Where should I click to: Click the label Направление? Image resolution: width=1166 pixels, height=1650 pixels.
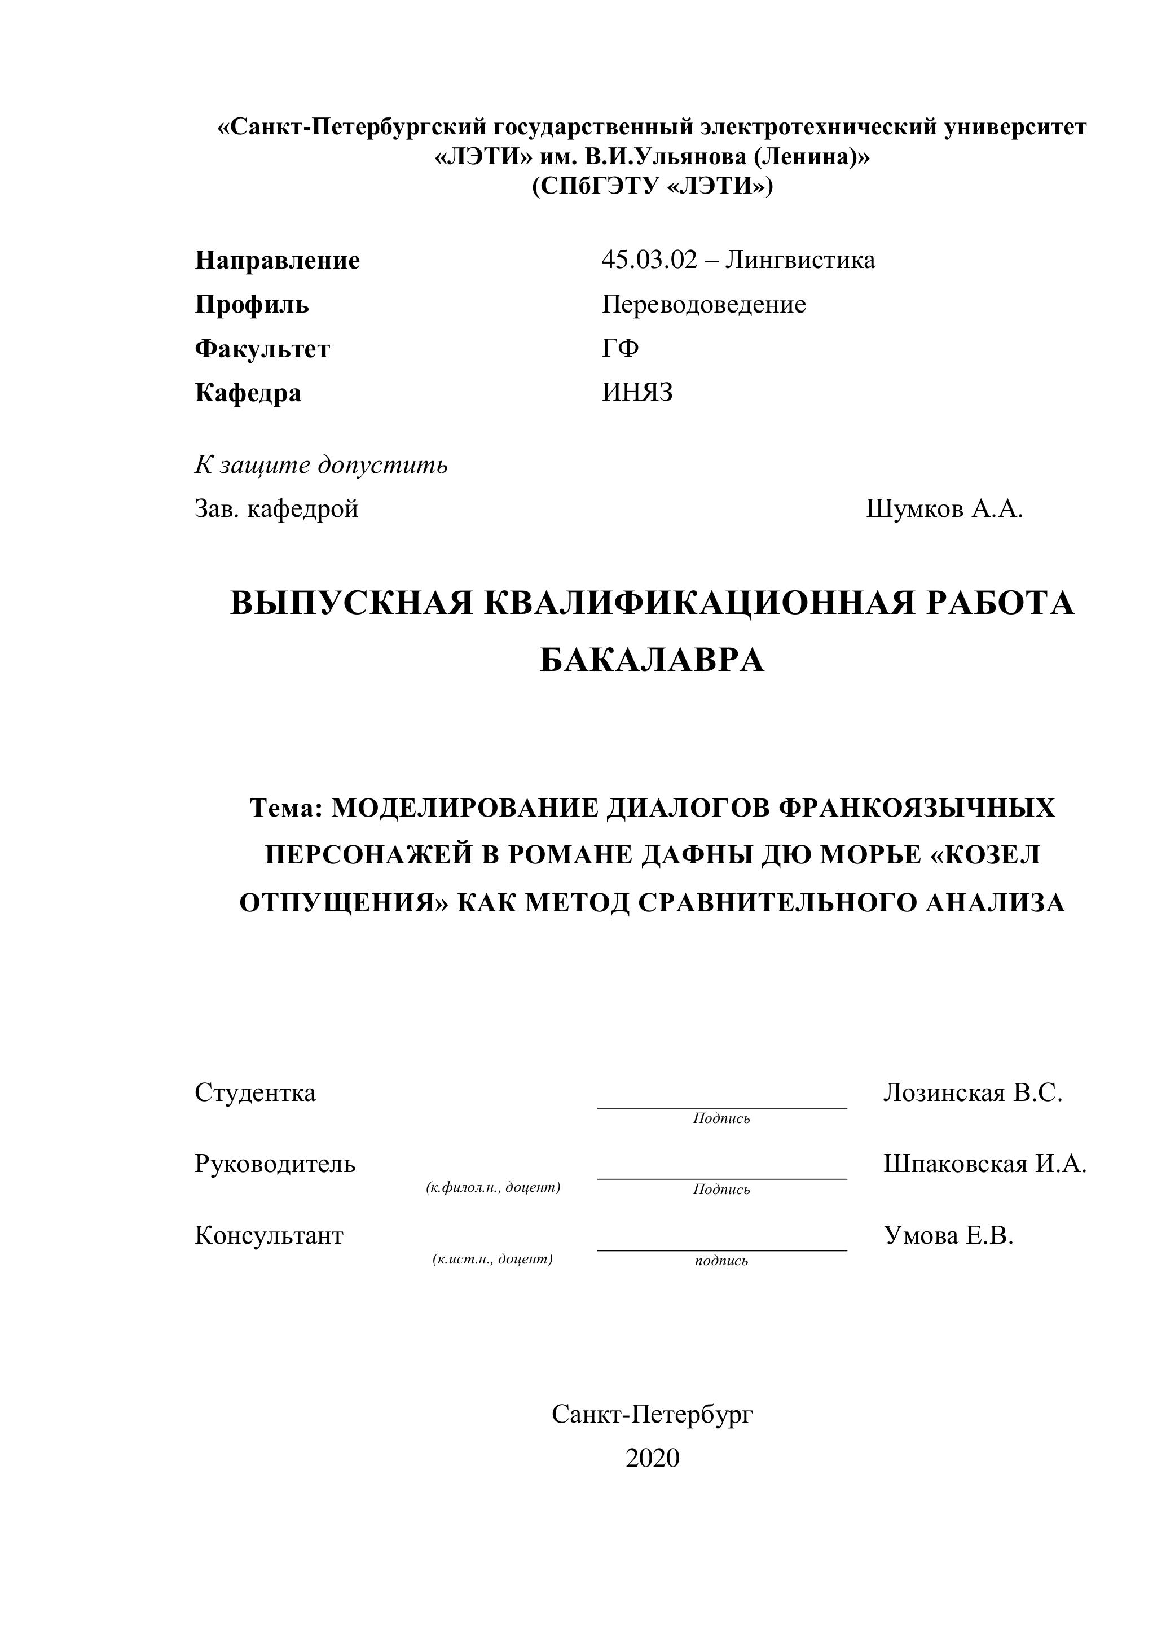pos(278,260)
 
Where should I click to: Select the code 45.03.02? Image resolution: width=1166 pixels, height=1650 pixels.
pos(649,260)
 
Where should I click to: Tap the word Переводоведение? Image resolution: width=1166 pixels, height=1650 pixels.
pos(704,305)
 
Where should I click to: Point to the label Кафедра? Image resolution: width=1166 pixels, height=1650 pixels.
pos(248,394)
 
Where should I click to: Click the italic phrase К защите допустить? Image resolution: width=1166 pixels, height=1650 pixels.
pos(321,465)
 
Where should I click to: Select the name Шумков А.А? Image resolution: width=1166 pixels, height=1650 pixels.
pos(944,510)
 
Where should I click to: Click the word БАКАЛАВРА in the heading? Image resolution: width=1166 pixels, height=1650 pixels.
pos(652,660)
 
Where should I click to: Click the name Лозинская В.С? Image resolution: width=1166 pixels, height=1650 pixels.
pos(973,1093)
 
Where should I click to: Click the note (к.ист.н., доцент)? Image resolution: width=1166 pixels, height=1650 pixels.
pos(493,1259)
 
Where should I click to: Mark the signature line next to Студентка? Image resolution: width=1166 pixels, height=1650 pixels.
pos(722,1107)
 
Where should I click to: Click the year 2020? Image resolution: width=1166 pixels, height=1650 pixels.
pos(652,1458)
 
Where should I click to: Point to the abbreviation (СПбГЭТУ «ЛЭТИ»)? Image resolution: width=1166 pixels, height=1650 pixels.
pos(652,187)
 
